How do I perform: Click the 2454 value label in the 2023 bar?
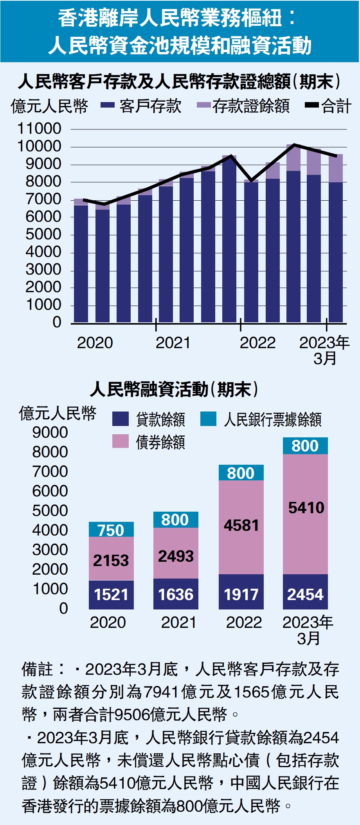click(x=305, y=595)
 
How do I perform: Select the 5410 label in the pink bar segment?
click(x=306, y=508)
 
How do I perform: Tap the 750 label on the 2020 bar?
click(x=111, y=530)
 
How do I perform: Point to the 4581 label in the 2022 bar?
click(x=241, y=525)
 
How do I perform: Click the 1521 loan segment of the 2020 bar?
click(x=111, y=595)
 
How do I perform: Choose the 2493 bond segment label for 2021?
click(x=176, y=556)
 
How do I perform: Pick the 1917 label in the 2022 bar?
click(x=241, y=595)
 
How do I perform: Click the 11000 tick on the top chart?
click(x=40, y=129)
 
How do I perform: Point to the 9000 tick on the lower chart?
click(x=50, y=432)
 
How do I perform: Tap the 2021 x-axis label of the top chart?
click(x=173, y=343)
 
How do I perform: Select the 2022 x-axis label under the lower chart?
click(x=244, y=622)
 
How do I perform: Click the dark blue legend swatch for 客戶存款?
click(x=108, y=105)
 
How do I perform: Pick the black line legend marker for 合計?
click(x=312, y=105)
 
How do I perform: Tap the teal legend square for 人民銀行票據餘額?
click(x=208, y=419)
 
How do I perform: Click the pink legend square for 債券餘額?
click(x=120, y=441)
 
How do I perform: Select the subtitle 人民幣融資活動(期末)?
click(x=174, y=389)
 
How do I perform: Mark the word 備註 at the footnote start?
click(x=37, y=669)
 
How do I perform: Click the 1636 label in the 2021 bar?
click(x=176, y=595)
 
